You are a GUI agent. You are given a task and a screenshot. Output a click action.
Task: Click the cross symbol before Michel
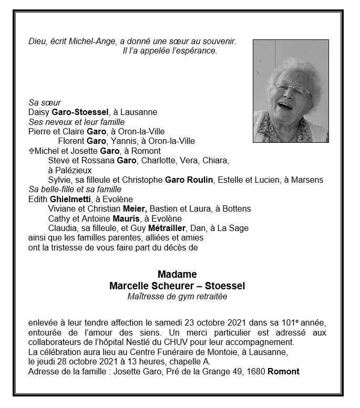click(x=32, y=151)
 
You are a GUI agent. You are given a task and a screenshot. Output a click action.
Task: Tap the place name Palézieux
click(x=69, y=170)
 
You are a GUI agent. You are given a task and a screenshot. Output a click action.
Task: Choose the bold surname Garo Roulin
click(x=189, y=180)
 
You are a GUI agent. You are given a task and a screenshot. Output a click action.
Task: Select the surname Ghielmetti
click(x=69, y=199)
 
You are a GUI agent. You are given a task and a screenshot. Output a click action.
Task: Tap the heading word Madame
click(x=177, y=275)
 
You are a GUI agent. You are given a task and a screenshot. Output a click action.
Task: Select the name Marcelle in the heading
click(x=129, y=286)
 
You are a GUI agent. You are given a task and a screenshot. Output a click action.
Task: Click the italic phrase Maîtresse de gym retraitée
click(x=177, y=296)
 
